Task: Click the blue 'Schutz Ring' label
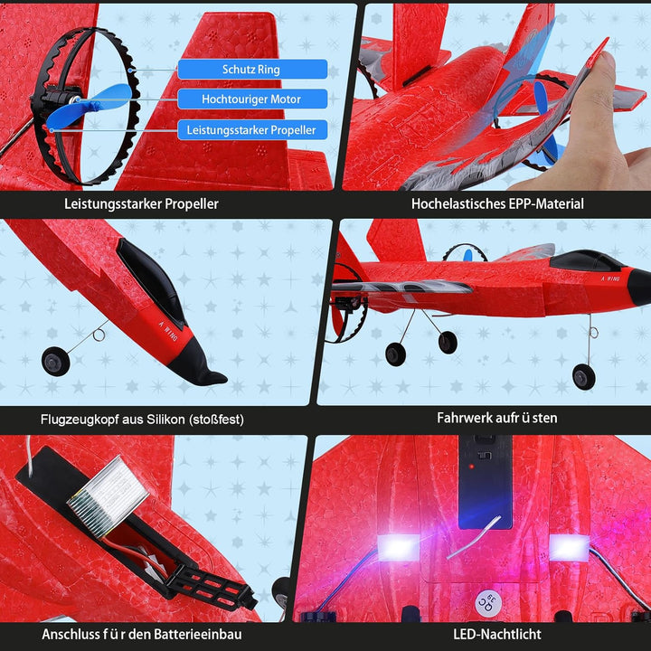pyautogui.click(x=252, y=69)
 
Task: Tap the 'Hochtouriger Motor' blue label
pyautogui.click(x=252, y=99)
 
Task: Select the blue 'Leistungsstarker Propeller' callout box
pyautogui.click(x=252, y=130)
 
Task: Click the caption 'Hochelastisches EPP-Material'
pyautogui.click(x=497, y=203)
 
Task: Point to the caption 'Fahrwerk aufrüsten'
pyautogui.click(x=497, y=418)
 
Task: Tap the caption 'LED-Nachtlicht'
pyautogui.click(x=497, y=634)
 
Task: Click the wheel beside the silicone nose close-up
pyautogui.click(x=56, y=362)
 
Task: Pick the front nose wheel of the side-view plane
pyautogui.click(x=583, y=377)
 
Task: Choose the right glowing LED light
pyautogui.click(x=570, y=546)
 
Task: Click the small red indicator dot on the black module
pyautogui.click(x=471, y=467)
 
